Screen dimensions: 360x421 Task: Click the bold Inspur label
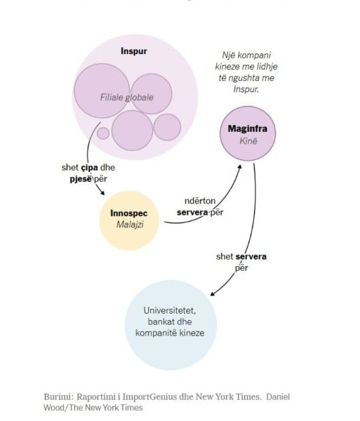coord(134,51)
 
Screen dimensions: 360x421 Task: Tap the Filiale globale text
coord(127,98)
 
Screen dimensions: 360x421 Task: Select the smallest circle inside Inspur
coord(103,133)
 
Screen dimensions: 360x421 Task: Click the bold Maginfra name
coord(248,128)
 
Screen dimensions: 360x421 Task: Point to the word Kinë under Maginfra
coord(248,141)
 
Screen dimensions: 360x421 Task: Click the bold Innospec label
coord(129,213)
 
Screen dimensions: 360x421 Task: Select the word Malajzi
coord(130,225)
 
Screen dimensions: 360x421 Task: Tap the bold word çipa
coord(89,168)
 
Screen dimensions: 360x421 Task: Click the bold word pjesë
coord(81,179)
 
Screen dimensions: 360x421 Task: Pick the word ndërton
coord(200,201)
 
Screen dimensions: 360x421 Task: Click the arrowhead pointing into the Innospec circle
coord(102,192)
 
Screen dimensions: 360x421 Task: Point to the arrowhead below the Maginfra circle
coord(239,167)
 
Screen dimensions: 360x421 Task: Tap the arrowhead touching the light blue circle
coord(213,294)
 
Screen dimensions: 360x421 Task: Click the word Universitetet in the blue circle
coord(170,311)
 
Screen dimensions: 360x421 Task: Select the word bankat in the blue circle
coord(158,321)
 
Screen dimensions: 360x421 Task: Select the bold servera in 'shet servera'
coord(251,256)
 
